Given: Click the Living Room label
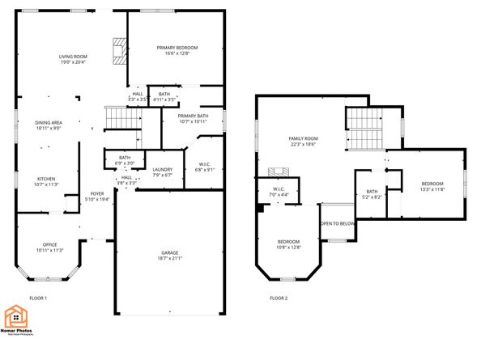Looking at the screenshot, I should tap(72, 56).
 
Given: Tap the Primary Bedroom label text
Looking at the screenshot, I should tap(177, 48).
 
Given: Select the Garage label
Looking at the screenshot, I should tap(169, 253).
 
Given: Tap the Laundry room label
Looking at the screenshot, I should tap(163, 170).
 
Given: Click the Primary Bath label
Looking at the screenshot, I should tap(192, 116).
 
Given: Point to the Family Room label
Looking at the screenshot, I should tap(304, 138).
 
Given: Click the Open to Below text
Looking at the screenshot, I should tap(338, 223).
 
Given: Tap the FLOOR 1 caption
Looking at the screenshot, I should tap(38, 299).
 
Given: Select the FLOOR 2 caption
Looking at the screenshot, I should tap(279, 299).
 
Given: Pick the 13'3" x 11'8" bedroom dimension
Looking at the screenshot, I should tap(432, 189).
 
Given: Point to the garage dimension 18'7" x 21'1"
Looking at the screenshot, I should tap(169, 259).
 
